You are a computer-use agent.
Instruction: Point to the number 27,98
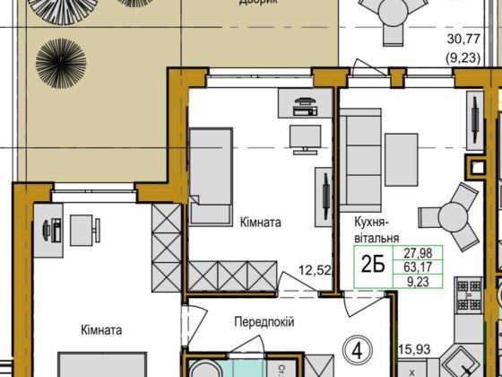coord(413,252)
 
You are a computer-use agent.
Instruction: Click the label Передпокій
coord(264,322)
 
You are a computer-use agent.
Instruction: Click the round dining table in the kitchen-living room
coord(441,216)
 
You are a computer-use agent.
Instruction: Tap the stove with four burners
coord(470,294)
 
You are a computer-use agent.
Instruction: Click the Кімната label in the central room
coord(261,218)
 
